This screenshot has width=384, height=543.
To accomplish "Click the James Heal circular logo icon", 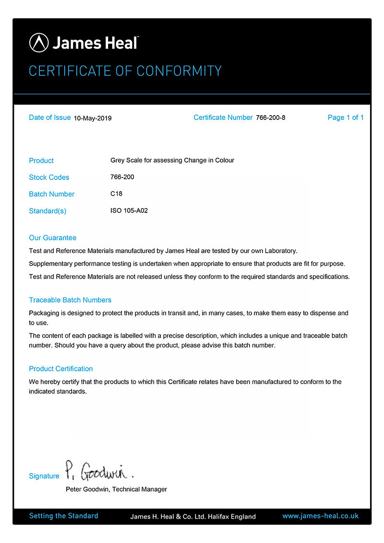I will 39,43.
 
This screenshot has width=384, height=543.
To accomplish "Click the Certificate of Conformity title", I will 125,71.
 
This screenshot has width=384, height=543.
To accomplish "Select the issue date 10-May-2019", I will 93,118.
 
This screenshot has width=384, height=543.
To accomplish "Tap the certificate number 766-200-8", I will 271,118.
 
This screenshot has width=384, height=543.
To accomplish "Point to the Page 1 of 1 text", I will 346,118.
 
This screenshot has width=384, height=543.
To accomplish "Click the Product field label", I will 41,161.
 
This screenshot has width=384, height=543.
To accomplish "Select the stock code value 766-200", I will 122,177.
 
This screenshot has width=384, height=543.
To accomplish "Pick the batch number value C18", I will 117,194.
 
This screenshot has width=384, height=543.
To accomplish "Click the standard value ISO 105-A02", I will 129,211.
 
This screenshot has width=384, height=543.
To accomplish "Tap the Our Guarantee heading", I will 52,238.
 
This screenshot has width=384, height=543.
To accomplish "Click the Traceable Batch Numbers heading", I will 70,300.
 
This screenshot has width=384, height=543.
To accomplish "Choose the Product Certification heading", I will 61,369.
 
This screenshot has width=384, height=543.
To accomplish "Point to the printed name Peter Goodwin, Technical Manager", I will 116,489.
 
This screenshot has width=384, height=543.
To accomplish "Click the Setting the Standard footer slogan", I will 63,516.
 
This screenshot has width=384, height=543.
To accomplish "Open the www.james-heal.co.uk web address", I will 320,516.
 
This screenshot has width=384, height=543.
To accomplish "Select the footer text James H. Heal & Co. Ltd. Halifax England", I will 193,517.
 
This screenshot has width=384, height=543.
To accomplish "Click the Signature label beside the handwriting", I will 44,476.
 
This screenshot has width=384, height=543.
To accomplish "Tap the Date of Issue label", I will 50,118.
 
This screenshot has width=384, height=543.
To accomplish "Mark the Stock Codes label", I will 49,177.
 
